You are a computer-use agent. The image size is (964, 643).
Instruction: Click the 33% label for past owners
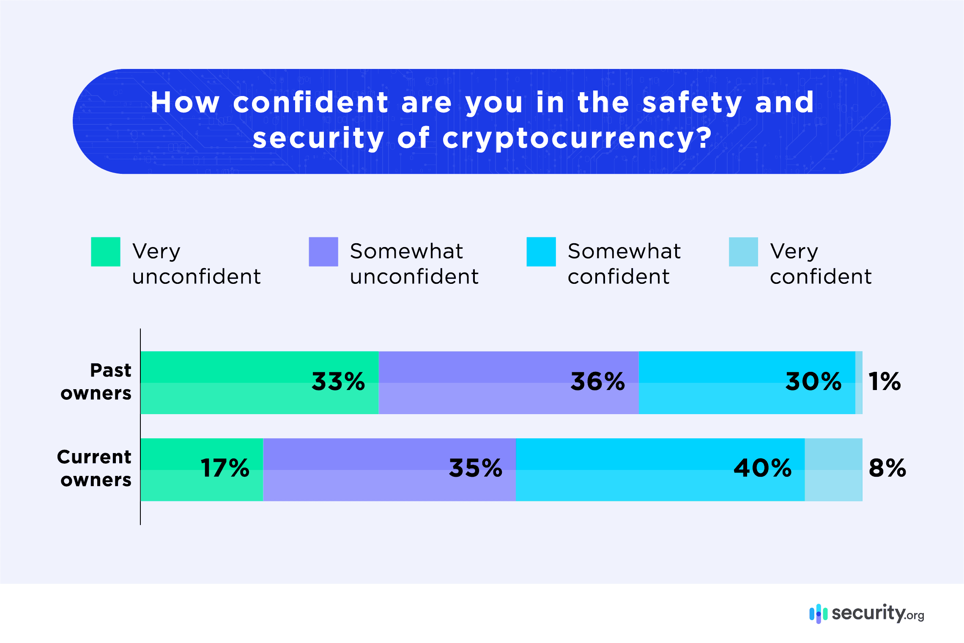click(x=338, y=382)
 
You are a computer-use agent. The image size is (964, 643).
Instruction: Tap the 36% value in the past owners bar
click(x=597, y=382)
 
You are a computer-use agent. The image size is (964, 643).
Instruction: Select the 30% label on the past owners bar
click(x=813, y=382)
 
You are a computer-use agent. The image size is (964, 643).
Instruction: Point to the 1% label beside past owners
click(x=884, y=382)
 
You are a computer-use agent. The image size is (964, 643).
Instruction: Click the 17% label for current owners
click(x=225, y=468)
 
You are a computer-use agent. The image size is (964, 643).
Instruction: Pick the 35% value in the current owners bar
click(x=476, y=468)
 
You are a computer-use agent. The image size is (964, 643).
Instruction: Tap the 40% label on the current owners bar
click(x=762, y=468)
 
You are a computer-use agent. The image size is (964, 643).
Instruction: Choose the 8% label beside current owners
click(x=887, y=468)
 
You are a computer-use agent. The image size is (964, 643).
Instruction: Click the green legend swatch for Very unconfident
click(x=106, y=252)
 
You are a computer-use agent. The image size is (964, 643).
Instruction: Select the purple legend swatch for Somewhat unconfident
click(x=323, y=252)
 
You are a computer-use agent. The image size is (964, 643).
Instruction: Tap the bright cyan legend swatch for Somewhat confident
click(x=541, y=252)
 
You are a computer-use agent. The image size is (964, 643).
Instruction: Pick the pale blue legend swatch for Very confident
click(x=743, y=252)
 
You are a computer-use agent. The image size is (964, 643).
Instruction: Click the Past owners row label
click(x=96, y=382)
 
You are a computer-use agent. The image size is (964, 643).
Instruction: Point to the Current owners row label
click(x=95, y=468)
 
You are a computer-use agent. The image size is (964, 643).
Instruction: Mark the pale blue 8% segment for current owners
click(x=833, y=470)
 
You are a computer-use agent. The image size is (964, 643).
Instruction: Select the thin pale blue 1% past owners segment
click(x=859, y=382)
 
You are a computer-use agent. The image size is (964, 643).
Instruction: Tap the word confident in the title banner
click(x=311, y=102)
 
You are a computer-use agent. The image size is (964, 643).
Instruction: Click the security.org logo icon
click(x=818, y=613)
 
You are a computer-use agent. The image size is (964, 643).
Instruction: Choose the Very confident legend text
click(x=820, y=264)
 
